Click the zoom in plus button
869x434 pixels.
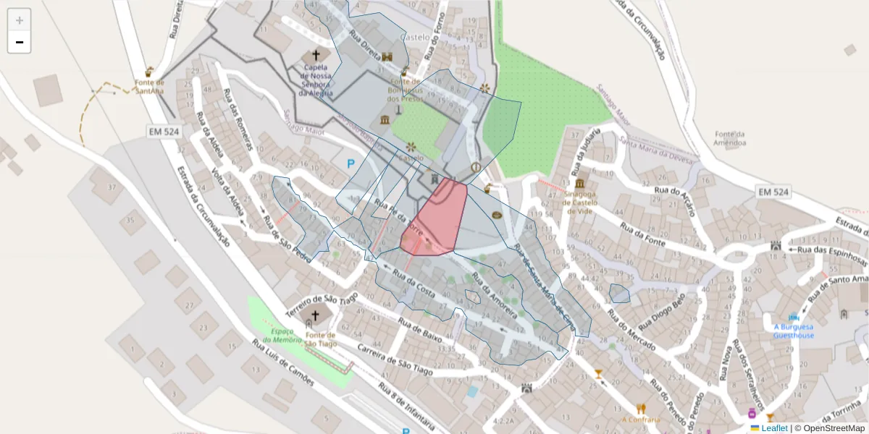(x=20, y=20)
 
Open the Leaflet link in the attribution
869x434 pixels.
(x=774, y=428)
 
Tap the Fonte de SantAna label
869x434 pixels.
(x=149, y=87)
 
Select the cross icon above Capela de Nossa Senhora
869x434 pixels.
(x=315, y=55)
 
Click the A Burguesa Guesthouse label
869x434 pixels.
(x=794, y=331)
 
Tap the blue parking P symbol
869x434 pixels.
(x=351, y=164)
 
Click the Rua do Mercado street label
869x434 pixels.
(x=631, y=331)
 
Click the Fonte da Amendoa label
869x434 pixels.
(x=730, y=139)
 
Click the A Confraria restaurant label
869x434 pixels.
(x=641, y=420)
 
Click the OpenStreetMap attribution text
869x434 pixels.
(x=829, y=428)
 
